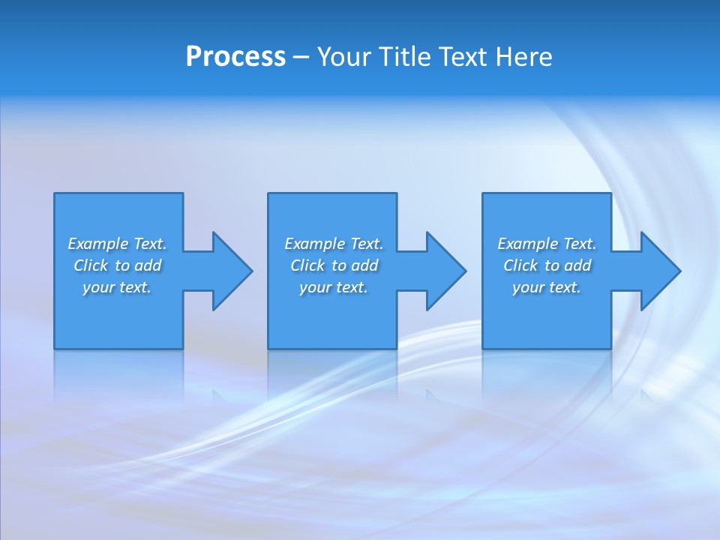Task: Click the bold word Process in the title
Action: [x=235, y=57]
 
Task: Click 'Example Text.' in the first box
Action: [x=117, y=244]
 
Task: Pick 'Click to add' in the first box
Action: [x=117, y=265]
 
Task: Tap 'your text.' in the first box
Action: [x=117, y=287]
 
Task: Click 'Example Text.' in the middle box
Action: [x=334, y=244]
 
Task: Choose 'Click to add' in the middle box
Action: [x=334, y=265]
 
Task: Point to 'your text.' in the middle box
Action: [x=334, y=287]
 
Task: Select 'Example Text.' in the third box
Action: [x=547, y=244]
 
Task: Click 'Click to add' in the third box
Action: [x=547, y=265]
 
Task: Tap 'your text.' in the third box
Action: [x=547, y=287]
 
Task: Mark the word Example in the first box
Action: [x=98, y=244]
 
